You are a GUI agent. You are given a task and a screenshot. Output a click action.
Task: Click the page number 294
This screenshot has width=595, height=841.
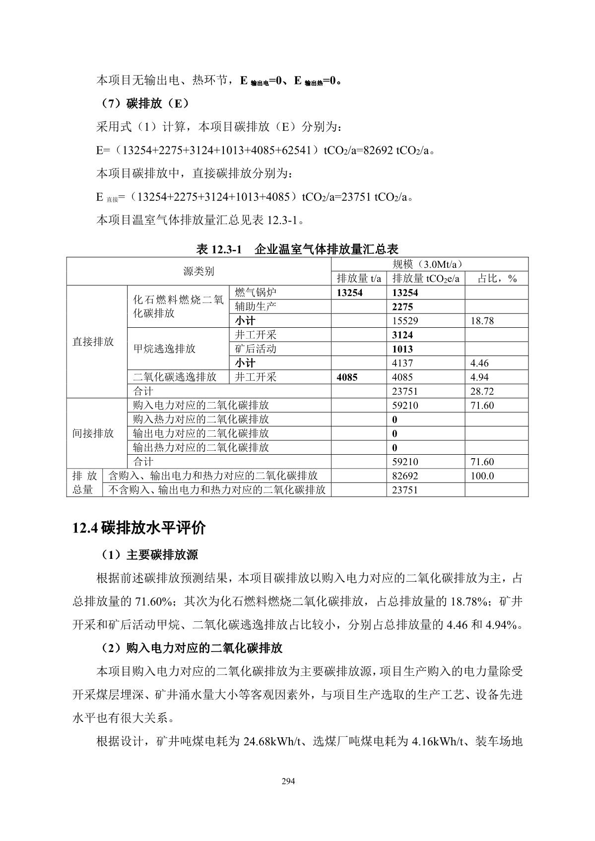point(288,782)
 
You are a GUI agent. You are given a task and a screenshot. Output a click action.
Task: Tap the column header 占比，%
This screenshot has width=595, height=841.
point(497,279)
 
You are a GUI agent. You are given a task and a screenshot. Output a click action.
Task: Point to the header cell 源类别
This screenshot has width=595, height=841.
point(198,271)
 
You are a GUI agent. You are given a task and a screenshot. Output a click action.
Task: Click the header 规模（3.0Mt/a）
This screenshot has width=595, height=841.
point(429,264)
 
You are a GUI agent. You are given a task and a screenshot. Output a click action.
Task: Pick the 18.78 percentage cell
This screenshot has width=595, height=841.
point(482,321)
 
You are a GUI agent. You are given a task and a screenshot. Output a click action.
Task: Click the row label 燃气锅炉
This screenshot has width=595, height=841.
point(256,292)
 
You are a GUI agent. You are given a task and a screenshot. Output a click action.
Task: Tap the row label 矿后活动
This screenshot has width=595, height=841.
point(256,349)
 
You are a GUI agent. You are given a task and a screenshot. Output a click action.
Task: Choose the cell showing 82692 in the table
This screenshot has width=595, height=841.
point(405,476)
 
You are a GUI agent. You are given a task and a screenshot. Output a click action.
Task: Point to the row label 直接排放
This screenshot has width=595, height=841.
point(93,342)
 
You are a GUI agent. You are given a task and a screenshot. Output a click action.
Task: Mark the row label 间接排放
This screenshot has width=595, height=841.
point(93,433)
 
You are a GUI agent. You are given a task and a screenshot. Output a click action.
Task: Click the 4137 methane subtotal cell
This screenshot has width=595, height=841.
point(402,363)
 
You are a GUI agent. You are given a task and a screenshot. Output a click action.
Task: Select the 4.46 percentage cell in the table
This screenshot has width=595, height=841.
point(479,363)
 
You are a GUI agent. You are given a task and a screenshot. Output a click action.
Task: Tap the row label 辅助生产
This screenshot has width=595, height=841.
point(256,306)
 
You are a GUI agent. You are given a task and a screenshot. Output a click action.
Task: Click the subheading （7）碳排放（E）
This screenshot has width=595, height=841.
point(143,104)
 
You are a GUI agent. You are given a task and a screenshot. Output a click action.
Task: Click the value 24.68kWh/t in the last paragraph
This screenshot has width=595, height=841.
point(271,742)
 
